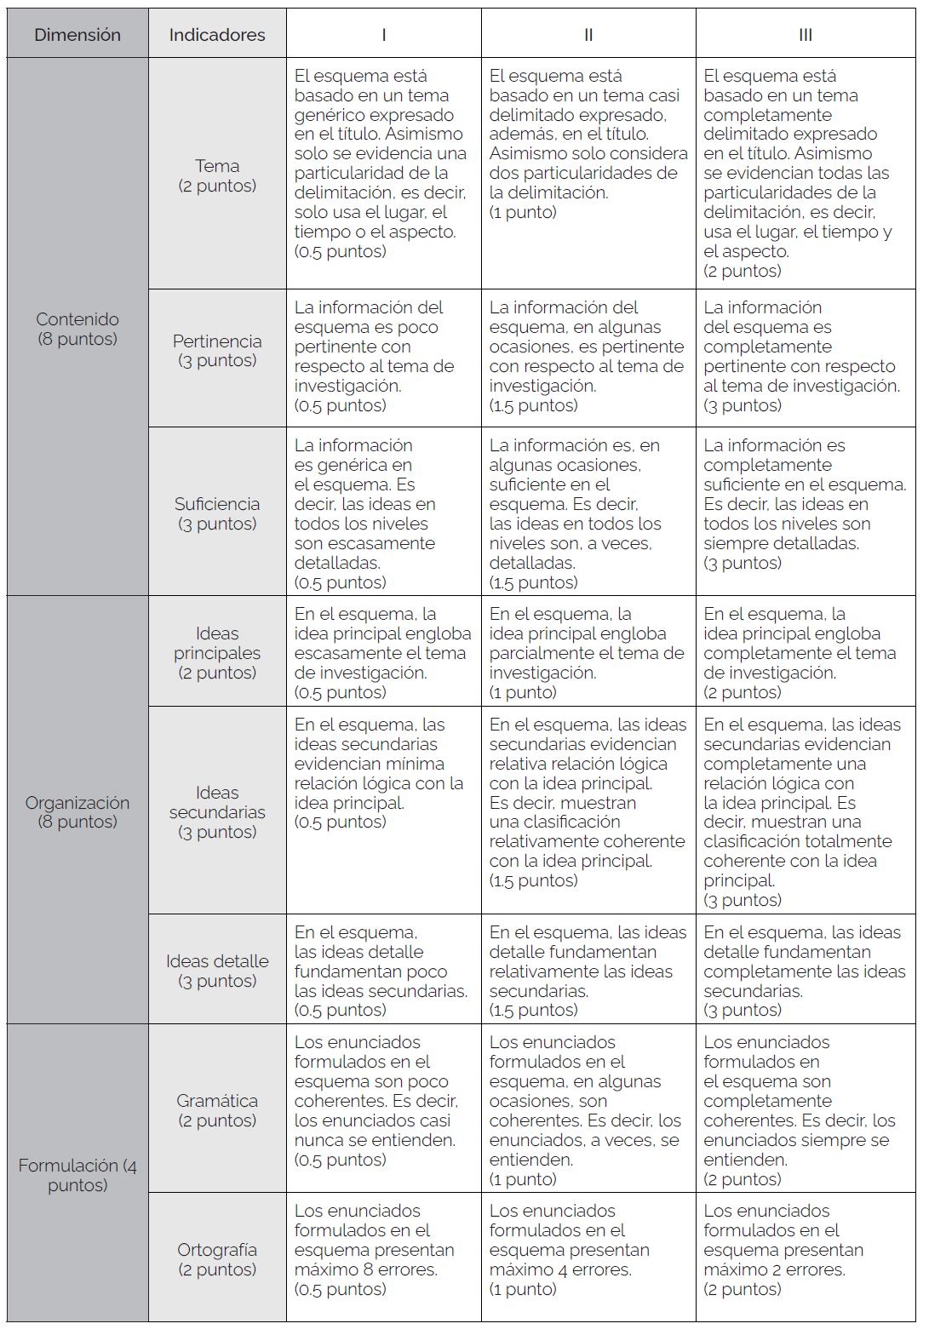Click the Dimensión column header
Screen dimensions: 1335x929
pyautogui.click(x=77, y=35)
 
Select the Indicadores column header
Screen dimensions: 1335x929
pyautogui.click(x=217, y=35)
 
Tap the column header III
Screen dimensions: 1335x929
pyautogui.click(x=805, y=35)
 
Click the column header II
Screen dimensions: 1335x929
pyautogui.click(x=588, y=35)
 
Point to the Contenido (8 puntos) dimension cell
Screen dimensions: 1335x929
pyautogui.click(x=77, y=329)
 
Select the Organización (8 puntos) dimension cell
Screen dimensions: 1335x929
pyautogui.click(x=77, y=811)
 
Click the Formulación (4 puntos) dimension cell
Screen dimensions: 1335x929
pyautogui.click(x=77, y=1174)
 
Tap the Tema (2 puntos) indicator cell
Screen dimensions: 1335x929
pyautogui.click(x=217, y=175)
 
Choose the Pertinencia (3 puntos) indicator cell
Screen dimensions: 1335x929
pyautogui.click(x=217, y=351)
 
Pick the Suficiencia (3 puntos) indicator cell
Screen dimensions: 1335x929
pyautogui.click(x=217, y=513)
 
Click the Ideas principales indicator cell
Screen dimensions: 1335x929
pyautogui.click(x=217, y=652)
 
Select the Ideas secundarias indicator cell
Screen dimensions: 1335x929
pyautogui.click(x=217, y=811)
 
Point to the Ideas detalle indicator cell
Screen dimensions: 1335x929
pyautogui.click(x=217, y=971)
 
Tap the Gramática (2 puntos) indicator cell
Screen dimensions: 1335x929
pyautogui.click(x=217, y=1110)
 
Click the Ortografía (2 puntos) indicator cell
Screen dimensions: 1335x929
pyautogui.click(x=217, y=1259)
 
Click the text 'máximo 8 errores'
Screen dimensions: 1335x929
pyautogui.click(x=366, y=1269)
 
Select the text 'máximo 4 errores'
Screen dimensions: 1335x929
pyautogui.click(x=560, y=1269)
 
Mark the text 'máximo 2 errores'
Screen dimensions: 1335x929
pyautogui.click(x=774, y=1269)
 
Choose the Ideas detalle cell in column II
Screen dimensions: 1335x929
pyautogui.click(x=588, y=971)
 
